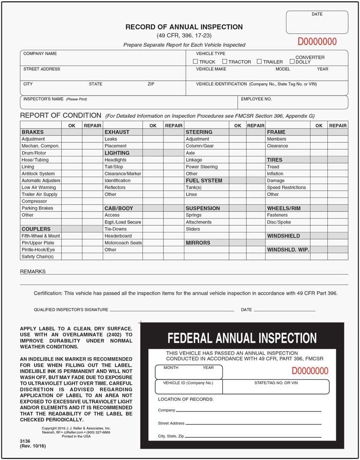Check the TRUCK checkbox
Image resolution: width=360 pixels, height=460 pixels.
[x=196, y=62]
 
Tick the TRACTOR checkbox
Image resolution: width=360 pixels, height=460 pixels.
[x=225, y=61]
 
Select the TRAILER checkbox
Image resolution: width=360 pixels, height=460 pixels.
[x=259, y=61]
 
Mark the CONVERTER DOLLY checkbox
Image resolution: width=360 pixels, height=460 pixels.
[x=292, y=61]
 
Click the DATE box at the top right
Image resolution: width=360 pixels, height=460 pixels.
[x=317, y=22]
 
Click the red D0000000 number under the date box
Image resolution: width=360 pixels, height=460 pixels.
[x=317, y=42]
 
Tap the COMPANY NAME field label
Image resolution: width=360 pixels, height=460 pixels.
[x=40, y=54]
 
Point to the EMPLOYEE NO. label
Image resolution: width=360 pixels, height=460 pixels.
[x=256, y=99]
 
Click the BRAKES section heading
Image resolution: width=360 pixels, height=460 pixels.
[x=32, y=132]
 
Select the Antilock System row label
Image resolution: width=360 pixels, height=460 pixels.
[x=38, y=173]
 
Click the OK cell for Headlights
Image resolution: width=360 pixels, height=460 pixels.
[x=153, y=160]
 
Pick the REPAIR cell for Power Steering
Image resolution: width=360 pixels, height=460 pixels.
[x=256, y=167]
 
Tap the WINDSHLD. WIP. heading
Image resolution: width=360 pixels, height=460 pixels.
[x=288, y=249]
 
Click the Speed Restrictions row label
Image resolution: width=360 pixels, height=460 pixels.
[x=286, y=187]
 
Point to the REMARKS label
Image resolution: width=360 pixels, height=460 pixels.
[x=33, y=271]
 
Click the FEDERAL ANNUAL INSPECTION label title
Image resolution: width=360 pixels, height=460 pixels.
[x=242, y=338]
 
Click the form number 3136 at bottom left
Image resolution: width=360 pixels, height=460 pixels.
[x=25, y=441]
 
